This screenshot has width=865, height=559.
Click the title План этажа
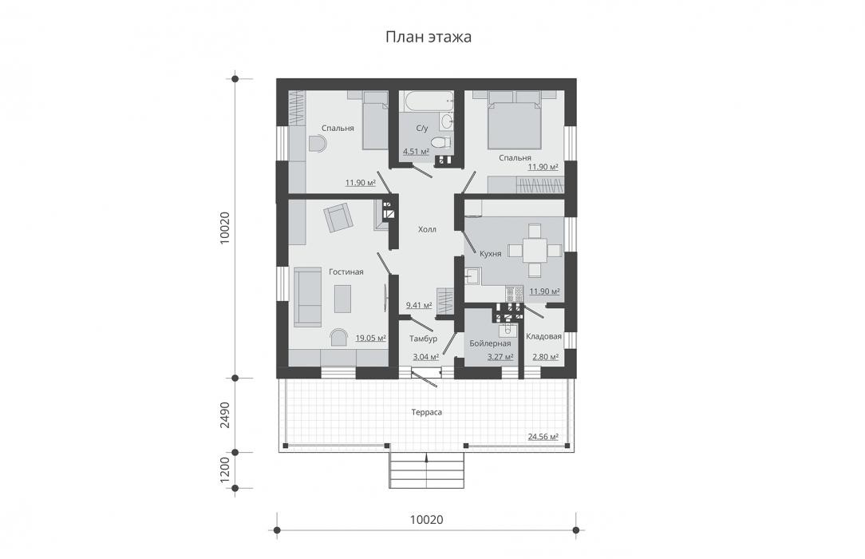428,37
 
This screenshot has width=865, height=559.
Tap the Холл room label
427,229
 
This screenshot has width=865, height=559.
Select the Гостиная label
346,272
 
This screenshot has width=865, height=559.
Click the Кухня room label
491,254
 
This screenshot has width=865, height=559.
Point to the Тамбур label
423,339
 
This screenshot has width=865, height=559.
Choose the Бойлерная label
490,343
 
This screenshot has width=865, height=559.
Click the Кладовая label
543,336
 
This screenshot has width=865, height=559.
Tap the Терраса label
426,412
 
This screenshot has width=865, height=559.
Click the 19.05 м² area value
370,338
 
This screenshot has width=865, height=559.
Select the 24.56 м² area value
543,437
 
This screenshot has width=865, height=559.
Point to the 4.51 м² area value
416,151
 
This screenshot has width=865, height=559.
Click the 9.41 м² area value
419,304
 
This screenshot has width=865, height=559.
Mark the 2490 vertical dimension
224,415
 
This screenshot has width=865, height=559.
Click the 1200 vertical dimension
224,470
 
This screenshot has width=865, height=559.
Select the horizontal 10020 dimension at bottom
426,520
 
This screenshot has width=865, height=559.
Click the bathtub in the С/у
426,101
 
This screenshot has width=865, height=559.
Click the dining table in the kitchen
535,251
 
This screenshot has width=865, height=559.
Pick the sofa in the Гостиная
306,297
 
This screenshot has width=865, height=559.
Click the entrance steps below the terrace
426,470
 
